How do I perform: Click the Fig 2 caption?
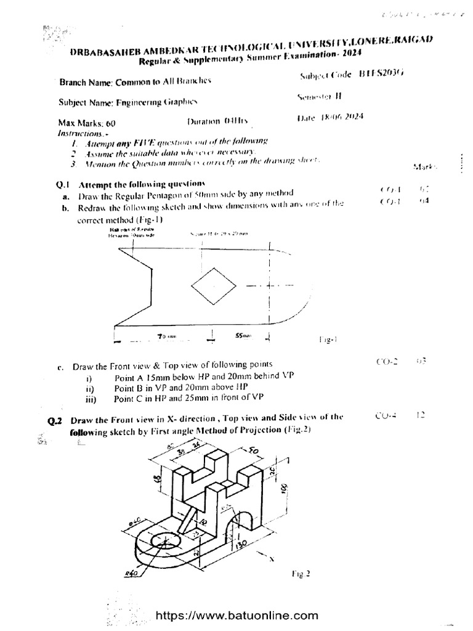tap(300, 572)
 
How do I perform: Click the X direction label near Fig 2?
tap(272, 560)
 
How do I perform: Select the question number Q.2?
tap(56, 421)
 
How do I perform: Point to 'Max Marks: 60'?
tap(87, 123)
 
